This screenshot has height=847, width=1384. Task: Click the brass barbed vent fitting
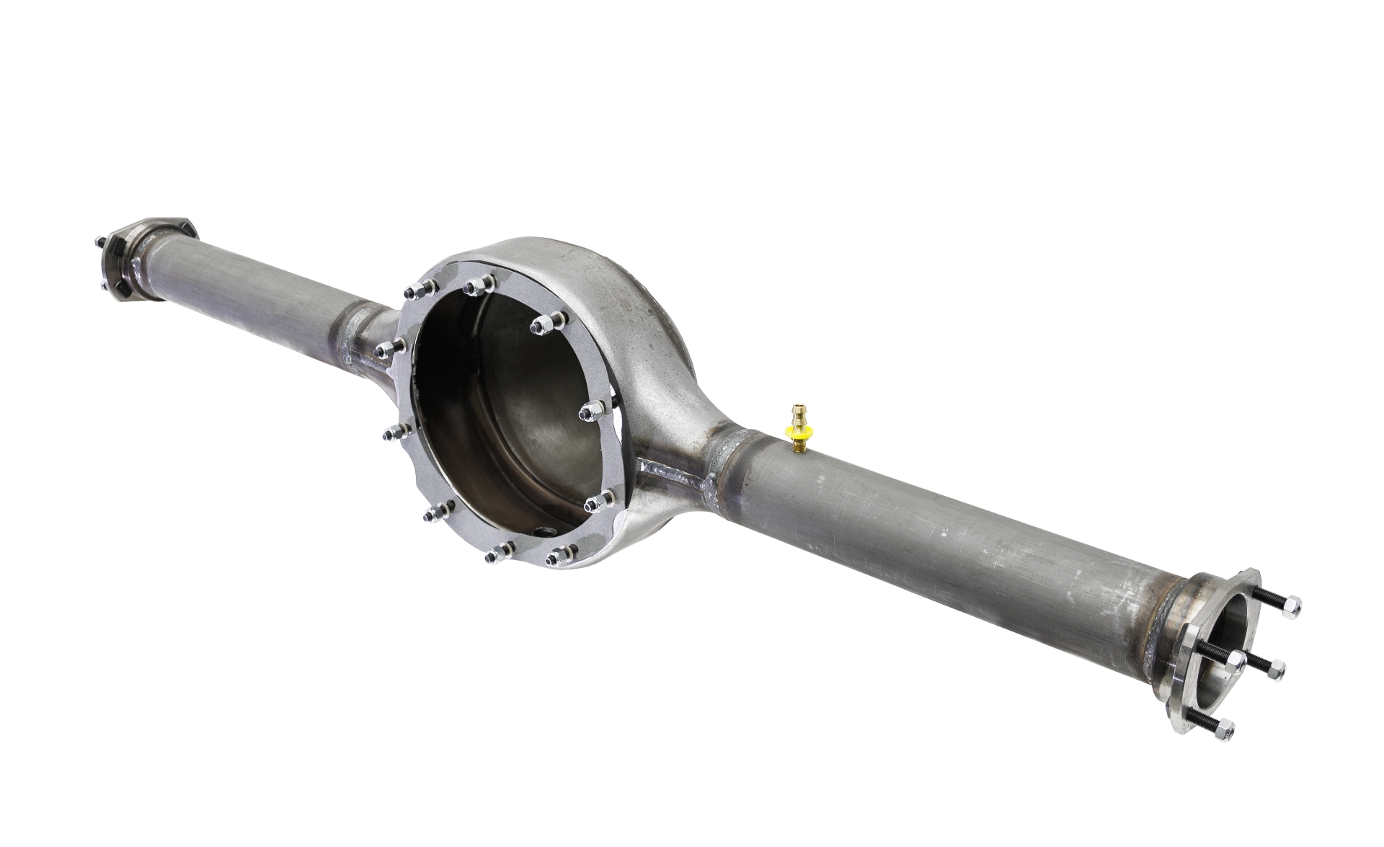[x=797, y=419]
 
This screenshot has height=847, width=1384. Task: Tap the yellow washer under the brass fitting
[x=797, y=435]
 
